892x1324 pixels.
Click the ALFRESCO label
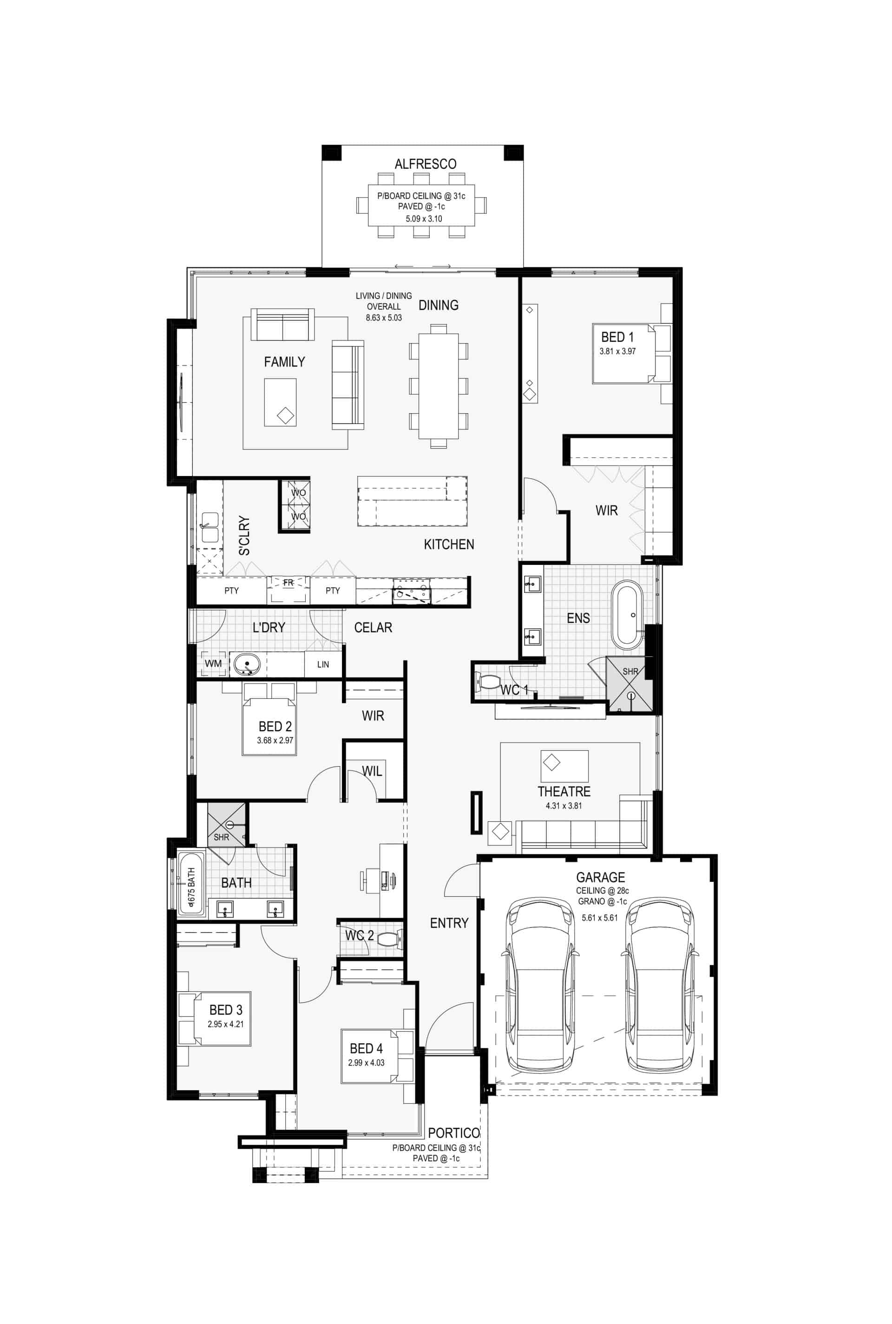click(x=426, y=164)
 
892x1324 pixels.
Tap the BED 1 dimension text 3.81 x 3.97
click(x=617, y=351)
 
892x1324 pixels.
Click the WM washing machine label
click(x=213, y=663)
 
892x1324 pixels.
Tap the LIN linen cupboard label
click(x=323, y=664)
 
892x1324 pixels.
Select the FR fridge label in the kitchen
click(x=289, y=583)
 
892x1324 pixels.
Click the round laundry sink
click(x=247, y=664)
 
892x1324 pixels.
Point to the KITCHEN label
click(x=449, y=544)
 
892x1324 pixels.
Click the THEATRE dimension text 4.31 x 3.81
click(x=564, y=806)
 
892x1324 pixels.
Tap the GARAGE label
click(x=600, y=877)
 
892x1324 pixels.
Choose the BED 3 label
click(x=226, y=1010)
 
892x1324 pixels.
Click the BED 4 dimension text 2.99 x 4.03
click(x=367, y=1063)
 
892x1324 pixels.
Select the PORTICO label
click(x=453, y=1133)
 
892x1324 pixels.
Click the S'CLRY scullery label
click(x=244, y=536)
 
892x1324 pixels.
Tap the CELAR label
click(x=373, y=627)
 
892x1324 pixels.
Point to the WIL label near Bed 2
click(x=372, y=771)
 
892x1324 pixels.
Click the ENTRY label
click(x=449, y=923)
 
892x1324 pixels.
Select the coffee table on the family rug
click(x=280, y=403)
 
